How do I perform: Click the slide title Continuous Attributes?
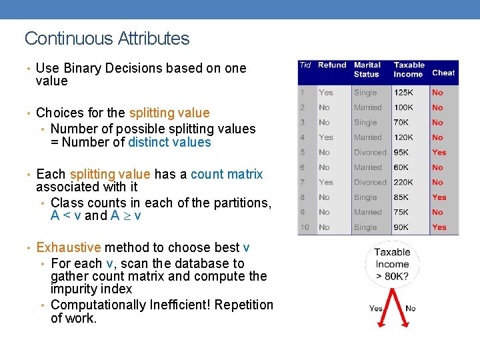coord(107,39)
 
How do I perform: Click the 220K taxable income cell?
coord(403,182)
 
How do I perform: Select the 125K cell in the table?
coord(403,93)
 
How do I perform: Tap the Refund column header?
coord(332,65)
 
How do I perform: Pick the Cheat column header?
coord(443,73)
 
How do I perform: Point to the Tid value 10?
coord(305,227)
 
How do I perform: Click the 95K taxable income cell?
coord(401,152)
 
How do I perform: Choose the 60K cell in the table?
coord(401,167)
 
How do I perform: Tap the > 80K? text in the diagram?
coord(392,276)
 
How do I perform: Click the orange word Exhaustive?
coord(69,248)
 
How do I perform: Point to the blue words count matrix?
coord(227,175)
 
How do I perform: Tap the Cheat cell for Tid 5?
coord(439,152)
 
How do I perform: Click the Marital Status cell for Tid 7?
coord(370,182)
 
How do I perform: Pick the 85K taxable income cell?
coord(401,197)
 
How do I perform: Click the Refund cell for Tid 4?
coord(326,137)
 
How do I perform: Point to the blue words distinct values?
coord(169,142)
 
